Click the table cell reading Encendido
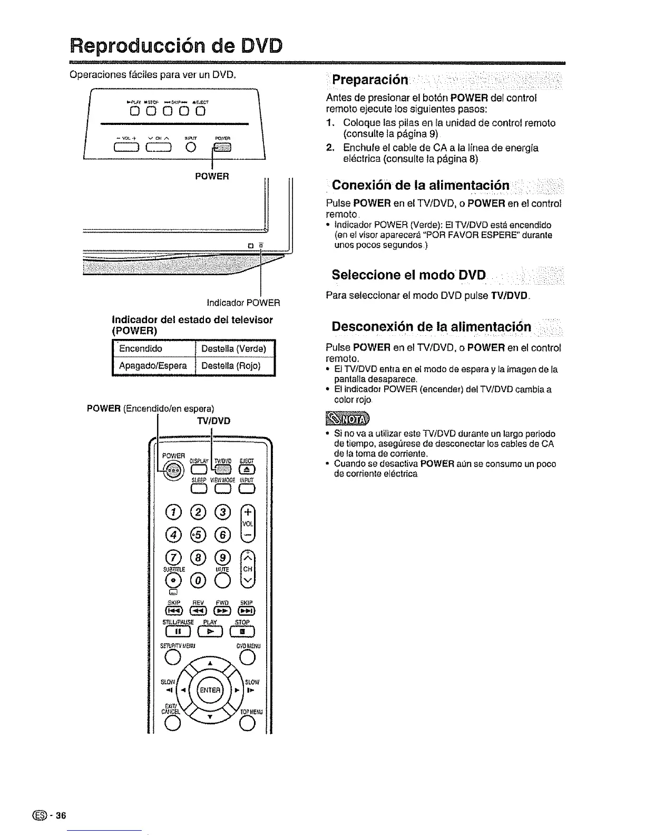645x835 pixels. [x=141, y=348]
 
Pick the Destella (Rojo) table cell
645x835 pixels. [x=231, y=366]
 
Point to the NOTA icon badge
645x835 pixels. [x=347, y=419]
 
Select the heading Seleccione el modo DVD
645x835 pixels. [x=409, y=275]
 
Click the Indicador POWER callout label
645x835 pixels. [x=243, y=303]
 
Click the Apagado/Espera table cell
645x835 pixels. [x=153, y=366]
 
